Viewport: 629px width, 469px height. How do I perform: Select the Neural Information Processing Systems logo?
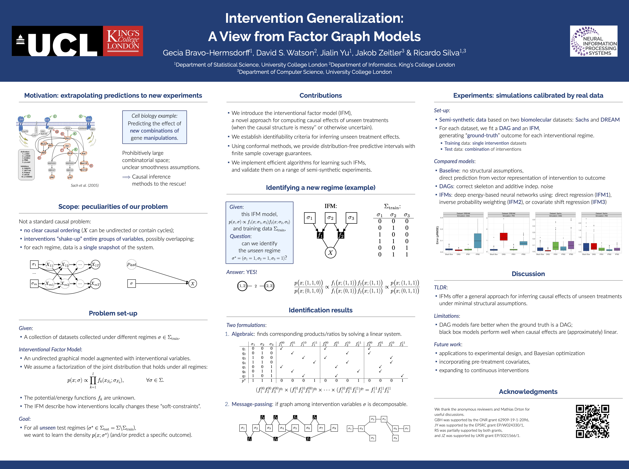[x=593, y=41]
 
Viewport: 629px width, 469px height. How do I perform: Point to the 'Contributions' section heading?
[x=321, y=96]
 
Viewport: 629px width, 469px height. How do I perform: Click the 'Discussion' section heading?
[x=528, y=274]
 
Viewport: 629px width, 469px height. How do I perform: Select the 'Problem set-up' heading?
[x=113, y=313]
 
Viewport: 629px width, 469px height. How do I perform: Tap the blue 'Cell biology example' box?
[x=155, y=127]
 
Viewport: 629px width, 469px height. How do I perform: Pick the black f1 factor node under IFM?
[x=320, y=235]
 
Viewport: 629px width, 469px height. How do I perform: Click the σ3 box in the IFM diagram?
[x=351, y=218]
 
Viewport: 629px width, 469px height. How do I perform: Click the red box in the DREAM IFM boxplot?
[x=503, y=236]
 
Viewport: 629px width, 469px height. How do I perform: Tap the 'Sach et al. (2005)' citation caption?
[x=85, y=185]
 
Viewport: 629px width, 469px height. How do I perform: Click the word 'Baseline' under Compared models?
[x=449, y=171]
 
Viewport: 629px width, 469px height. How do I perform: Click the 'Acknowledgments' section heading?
[x=528, y=392]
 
